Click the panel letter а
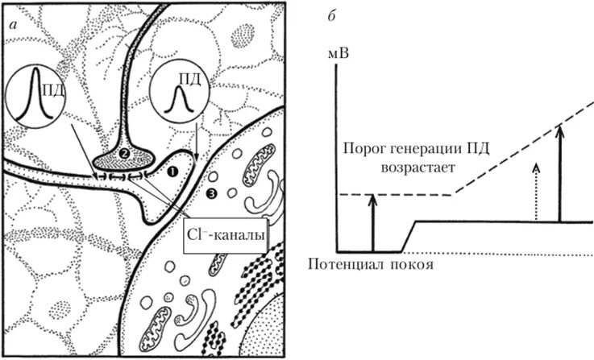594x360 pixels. pyautogui.click(x=13, y=25)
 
